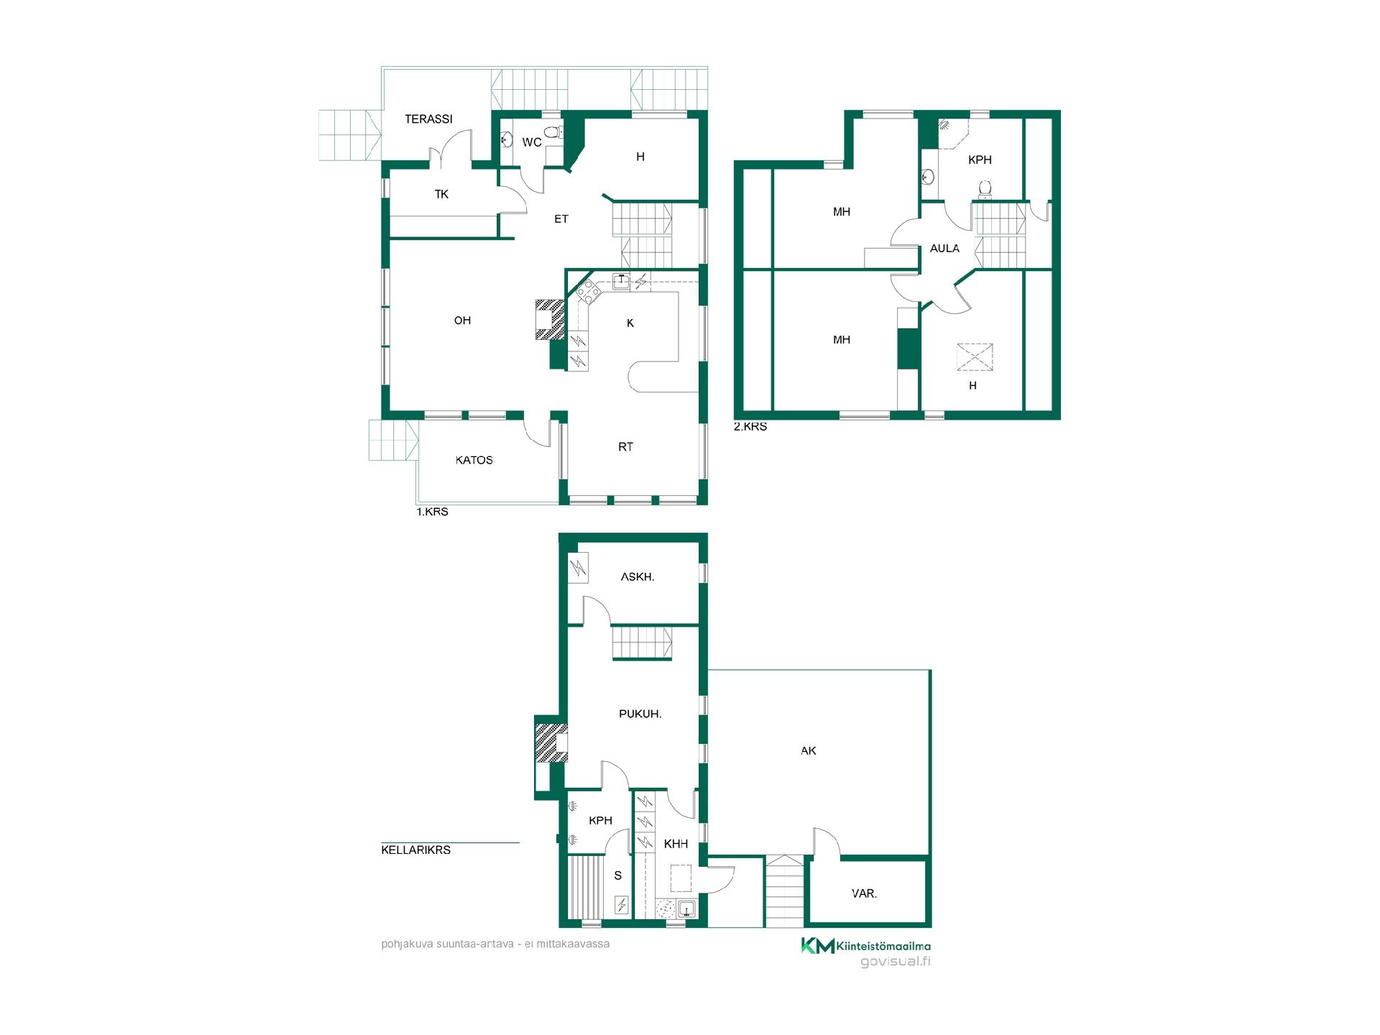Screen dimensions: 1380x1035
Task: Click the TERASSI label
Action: click(428, 119)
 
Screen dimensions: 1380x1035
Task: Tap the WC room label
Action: click(532, 142)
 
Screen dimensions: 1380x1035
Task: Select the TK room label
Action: click(441, 194)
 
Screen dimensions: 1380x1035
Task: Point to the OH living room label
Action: click(462, 321)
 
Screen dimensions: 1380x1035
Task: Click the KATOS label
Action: click(474, 460)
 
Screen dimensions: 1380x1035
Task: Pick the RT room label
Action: click(625, 447)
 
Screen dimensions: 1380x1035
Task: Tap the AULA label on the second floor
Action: click(944, 249)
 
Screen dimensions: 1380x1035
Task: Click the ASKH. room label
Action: click(638, 576)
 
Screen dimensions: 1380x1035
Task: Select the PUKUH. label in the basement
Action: click(640, 714)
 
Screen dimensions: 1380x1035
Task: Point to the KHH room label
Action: click(676, 844)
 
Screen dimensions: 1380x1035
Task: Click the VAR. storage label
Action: click(864, 893)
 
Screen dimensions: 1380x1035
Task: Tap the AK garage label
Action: click(809, 750)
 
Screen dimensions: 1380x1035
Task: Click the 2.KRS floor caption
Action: click(750, 426)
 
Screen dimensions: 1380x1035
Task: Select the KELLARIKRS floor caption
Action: click(416, 850)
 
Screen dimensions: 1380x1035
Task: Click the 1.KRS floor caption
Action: click(433, 512)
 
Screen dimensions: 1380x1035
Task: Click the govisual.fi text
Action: click(896, 962)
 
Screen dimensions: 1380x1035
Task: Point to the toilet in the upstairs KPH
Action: click(985, 189)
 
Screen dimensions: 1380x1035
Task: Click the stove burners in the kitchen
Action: click(588, 292)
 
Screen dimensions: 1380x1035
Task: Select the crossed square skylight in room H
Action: click(974, 357)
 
